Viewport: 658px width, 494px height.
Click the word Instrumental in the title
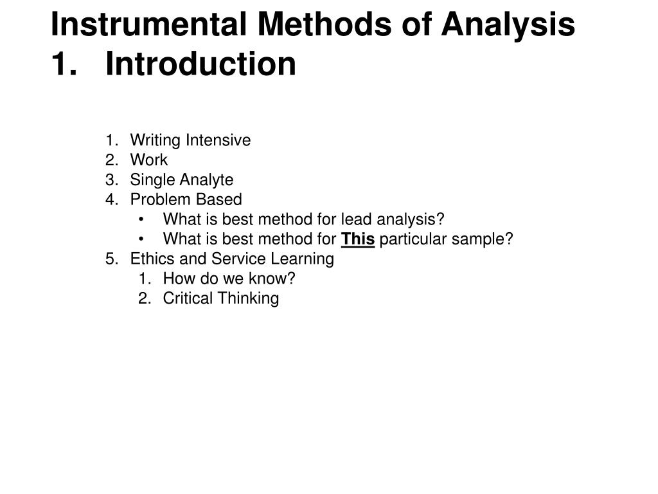pyautogui.click(x=147, y=25)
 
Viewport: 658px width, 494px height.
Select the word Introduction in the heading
pyautogui.click(x=201, y=64)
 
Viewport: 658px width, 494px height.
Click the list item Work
pyautogui.click(x=148, y=160)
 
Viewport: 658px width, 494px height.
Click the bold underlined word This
pyautogui.click(x=358, y=239)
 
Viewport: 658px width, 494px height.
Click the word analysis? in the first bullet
pyautogui.click(x=411, y=220)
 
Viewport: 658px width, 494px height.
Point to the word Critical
pyautogui.click(x=188, y=298)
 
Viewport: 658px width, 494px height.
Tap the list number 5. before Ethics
pyautogui.click(x=112, y=259)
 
